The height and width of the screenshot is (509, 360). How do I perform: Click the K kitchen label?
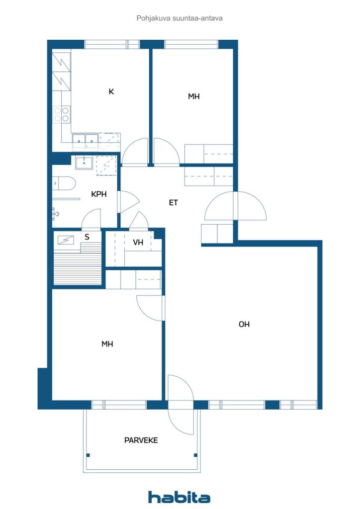[x=111, y=91]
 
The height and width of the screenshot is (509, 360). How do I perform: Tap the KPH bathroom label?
[x=98, y=194]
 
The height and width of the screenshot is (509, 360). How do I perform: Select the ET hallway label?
[x=174, y=203]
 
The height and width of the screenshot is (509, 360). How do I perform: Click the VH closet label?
[x=138, y=242]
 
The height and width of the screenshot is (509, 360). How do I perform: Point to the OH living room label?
[x=244, y=324]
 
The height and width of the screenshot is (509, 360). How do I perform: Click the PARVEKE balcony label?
[x=141, y=440]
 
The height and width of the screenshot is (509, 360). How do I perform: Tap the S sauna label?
[x=87, y=237]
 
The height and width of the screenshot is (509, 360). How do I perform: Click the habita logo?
[x=179, y=497]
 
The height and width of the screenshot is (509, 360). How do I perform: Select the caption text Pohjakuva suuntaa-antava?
[x=180, y=18]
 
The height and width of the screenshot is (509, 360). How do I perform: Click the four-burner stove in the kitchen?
[x=62, y=114]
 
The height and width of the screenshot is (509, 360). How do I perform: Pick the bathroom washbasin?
[x=85, y=163]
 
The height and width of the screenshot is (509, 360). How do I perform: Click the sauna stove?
[x=66, y=240]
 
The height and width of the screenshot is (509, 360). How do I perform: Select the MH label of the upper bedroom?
[x=194, y=96]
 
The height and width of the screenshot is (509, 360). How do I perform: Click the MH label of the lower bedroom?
[x=107, y=344]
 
